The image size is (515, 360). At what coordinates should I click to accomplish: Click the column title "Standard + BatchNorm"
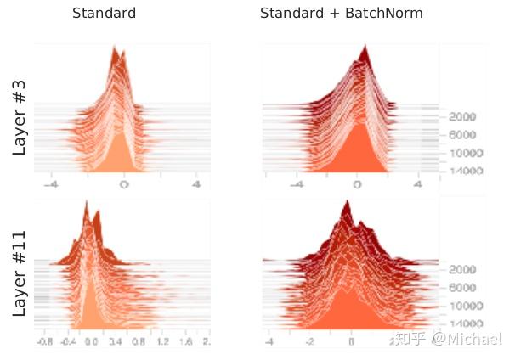341,14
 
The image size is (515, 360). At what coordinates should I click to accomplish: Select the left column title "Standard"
104,14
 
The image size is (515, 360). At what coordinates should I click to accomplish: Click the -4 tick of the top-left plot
52,183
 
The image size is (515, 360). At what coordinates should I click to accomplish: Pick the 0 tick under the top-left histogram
124,183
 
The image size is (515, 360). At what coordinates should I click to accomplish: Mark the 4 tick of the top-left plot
196,183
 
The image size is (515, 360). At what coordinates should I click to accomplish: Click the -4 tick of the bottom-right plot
269,341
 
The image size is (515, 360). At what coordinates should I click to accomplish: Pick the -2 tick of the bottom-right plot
310,341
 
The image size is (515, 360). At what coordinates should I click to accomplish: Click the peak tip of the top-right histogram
365,45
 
